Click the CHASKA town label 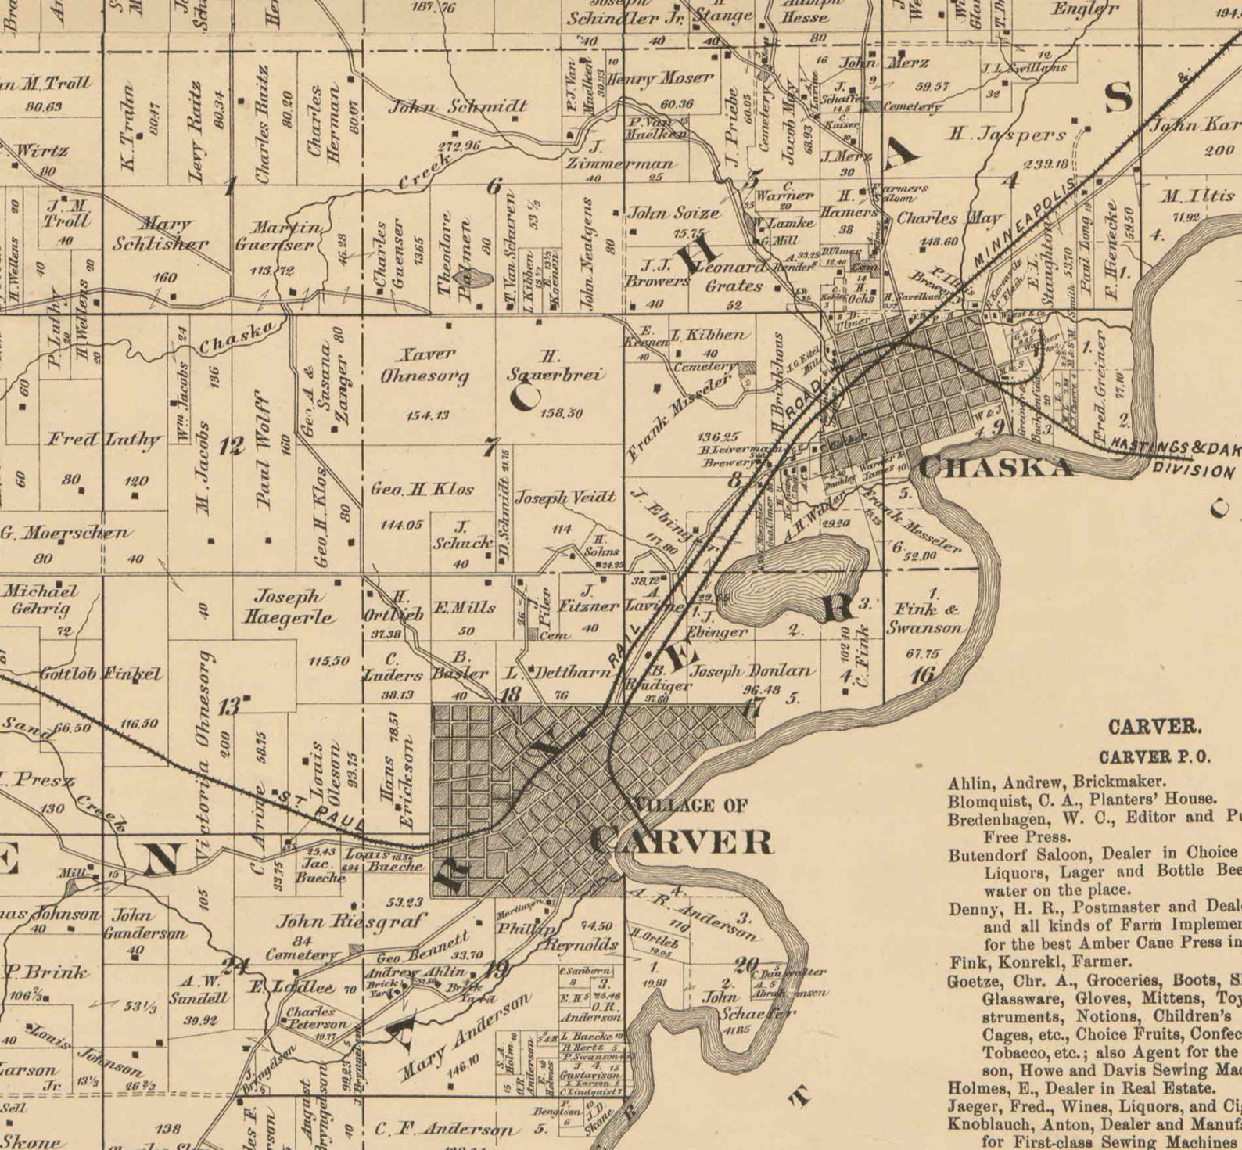pos(995,467)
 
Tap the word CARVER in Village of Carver pos(681,843)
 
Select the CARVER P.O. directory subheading pos(1154,756)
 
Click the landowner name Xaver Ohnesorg pos(425,365)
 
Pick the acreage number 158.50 pos(561,412)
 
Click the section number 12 pos(232,447)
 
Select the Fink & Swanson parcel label pos(926,618)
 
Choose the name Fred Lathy pos(103,439)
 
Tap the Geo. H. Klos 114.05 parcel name pos(422,490)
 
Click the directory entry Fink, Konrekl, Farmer pos(1040,961)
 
